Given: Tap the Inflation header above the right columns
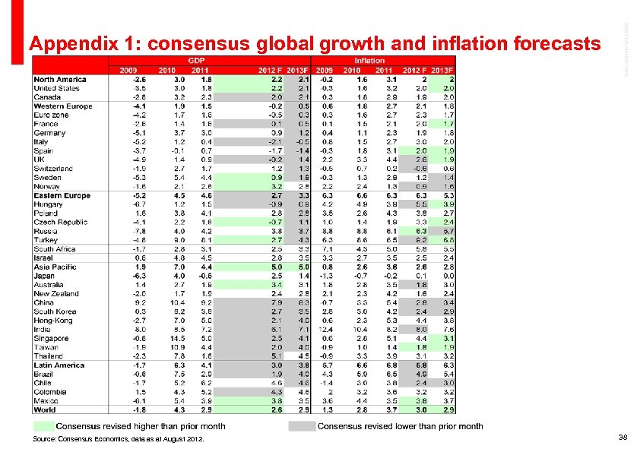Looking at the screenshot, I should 369,61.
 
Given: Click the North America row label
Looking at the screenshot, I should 60,80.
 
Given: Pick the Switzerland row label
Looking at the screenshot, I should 53,169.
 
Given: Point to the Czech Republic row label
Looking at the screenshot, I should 60,223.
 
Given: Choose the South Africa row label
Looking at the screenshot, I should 54,249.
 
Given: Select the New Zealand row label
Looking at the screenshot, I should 55,294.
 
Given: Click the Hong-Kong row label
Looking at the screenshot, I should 52,321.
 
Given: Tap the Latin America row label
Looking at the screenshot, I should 59,365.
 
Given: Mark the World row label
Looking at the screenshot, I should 44,410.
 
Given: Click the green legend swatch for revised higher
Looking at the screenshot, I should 43,426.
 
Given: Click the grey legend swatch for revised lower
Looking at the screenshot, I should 302,426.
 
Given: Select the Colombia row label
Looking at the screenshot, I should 49,392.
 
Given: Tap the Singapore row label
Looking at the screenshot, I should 52,339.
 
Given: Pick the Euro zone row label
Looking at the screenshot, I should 51,115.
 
